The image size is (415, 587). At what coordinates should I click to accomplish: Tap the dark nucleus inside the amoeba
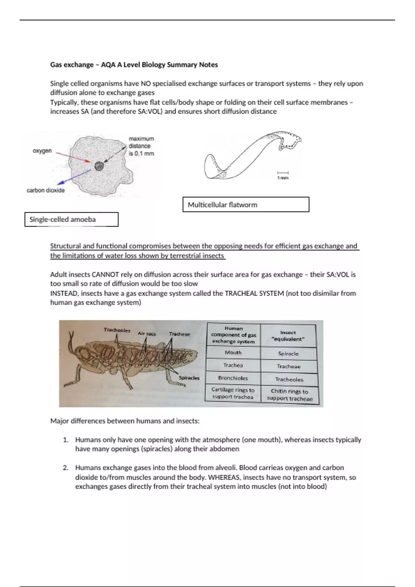pyautogui.click(x=99, y=166)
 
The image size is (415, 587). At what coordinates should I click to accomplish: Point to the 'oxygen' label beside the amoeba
pyautogui.click(x=42, y=151)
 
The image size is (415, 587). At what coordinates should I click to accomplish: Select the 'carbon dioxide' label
pyautogui.click(x=46, y=190)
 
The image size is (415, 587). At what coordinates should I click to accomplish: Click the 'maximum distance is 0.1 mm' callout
pyautogui.click(x=141, y=146)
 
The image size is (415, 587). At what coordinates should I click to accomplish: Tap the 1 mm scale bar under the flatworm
pyautogui.click(x=283, y=173)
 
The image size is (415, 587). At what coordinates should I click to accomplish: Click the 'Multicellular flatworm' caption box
pyautogui.click(x=246, y=204)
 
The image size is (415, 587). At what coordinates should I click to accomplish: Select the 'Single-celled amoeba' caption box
pyautogui.click(x=71, y=219)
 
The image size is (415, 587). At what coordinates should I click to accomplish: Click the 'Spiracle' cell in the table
pyautogui.click(x=288, y=354)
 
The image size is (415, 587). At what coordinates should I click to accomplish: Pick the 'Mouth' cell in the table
pyautogui.click(x=233, y=353)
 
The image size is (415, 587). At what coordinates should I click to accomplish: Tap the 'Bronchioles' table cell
pyautogui.click(x=233, y=378)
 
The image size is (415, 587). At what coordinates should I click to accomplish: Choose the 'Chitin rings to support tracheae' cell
pyautogui.click(x=289, y=395)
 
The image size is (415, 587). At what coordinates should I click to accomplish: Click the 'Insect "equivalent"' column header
pyautogui.click(x=288, y=336)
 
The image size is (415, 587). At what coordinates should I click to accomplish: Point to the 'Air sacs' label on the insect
pyautogui.click(x=147, y=334)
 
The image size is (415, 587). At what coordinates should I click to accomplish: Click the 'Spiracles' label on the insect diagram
pyautogui.click(x=189, y=378)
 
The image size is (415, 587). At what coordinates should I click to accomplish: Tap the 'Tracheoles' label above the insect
pyautogui.click(x=117, y=330)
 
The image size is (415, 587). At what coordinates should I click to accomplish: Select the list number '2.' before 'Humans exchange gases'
pyautogui.click(x=66, y=468)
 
